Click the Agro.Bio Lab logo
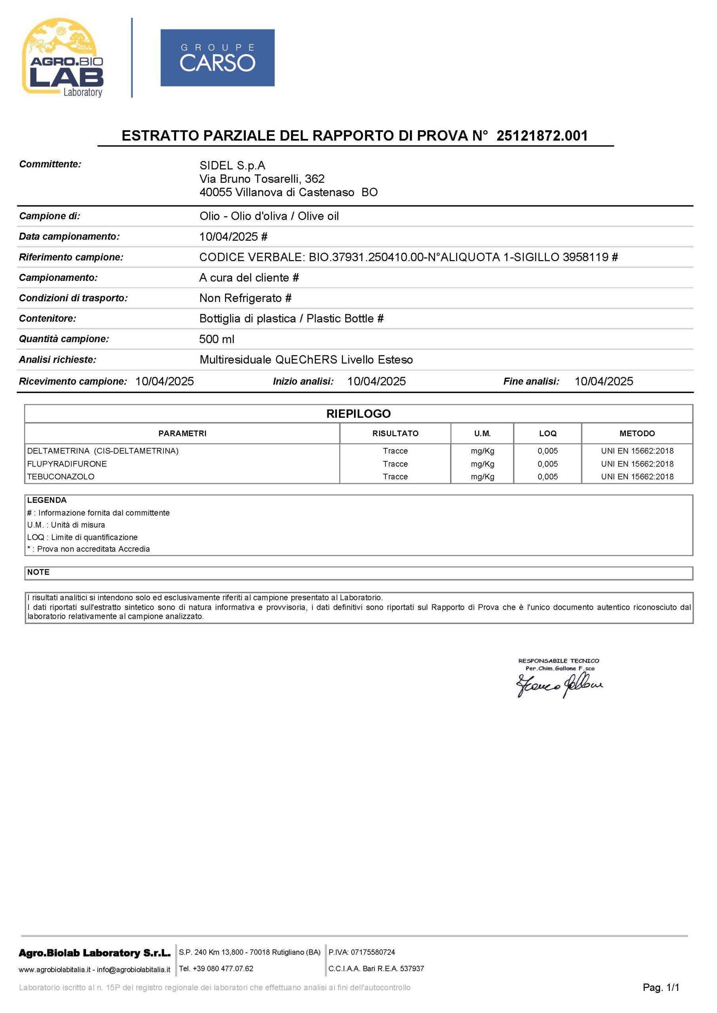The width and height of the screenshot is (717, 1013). pos(63,57)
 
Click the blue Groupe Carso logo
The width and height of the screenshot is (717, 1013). pos(217,58)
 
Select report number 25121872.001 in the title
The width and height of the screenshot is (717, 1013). pos(542,135)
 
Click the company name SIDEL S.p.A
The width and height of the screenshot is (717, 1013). pos(232,165)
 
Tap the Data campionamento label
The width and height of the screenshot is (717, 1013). pos(69,237)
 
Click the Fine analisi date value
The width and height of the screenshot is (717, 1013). pos(603,381)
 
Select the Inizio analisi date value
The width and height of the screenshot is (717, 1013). pos(376,381)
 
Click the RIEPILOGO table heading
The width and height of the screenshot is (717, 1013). pos(358,414)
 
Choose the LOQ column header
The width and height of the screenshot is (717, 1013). pos(548,433)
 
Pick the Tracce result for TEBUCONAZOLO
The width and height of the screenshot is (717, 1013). pos(395,476)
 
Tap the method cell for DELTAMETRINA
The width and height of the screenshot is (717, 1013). pos(637,451)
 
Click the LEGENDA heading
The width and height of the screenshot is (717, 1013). pos(47,500)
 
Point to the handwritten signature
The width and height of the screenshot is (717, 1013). pos(559,686)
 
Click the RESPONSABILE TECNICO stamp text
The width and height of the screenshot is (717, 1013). pos(559,660)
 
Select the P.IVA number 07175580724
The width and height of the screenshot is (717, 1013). pos(373,952)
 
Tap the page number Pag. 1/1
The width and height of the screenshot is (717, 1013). pos(660,987)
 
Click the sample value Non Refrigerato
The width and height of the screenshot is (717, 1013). pos(241,298)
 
